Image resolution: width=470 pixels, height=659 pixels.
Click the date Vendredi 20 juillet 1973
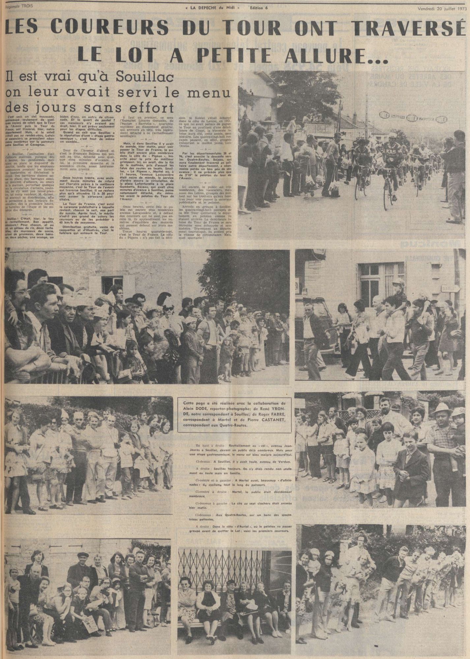tap(443, 3)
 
